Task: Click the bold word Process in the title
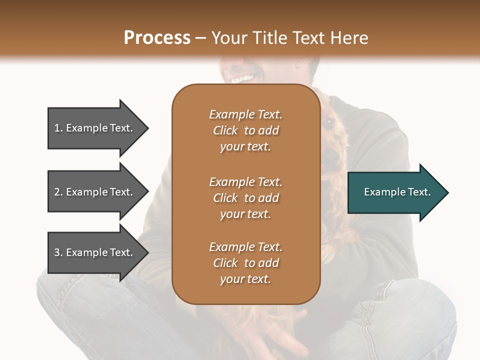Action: tap(157, 38)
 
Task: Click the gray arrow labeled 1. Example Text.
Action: tap(95, 128)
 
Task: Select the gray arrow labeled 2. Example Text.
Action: tap(95, 192)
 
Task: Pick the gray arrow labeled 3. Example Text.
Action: tap(95, 252)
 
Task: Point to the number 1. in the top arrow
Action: tap(58, 128)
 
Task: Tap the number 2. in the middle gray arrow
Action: tap(58, 192)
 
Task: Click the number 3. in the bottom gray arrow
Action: tap(58, 252)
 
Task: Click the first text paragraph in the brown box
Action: tap(245, 130)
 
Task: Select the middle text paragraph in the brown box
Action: tap(245, 198)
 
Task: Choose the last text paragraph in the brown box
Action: tap(245, 263)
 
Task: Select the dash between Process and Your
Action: tap(201, 38)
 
